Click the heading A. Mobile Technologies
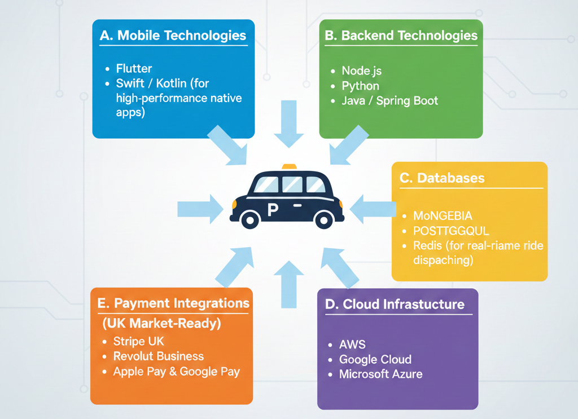[x=173, y=36]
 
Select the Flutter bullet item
[x=134, y=69]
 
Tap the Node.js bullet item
[x=362, y=71]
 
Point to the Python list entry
[x=360, y=86]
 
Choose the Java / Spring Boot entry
[x=389, y=102]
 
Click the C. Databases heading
[x=442, y=178]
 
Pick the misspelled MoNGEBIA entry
[x=443, y=216]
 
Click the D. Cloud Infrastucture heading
[x=395, y=305]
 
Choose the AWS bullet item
[x=352, y=345]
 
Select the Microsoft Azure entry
[x=380, y=374]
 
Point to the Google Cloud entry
[x=375, y=359]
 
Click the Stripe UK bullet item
[x=138, y=342]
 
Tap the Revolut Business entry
[x=158, y=356]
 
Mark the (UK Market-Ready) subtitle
[x=161, y=324]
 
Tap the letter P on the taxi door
[x=272, y=210]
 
